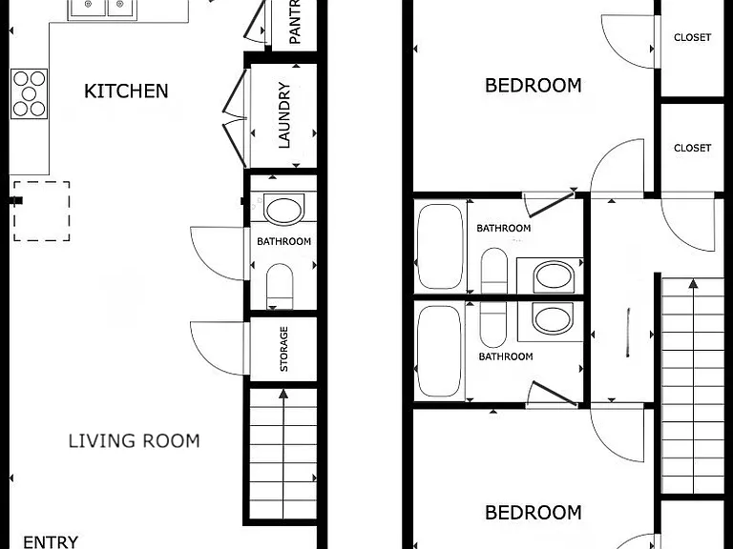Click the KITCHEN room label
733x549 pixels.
click(126, 91)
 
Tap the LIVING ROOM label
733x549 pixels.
click(135, 441)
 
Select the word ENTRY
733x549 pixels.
click(51, 542)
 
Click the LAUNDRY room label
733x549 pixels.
click(284, 115)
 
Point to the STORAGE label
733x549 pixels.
click(283, 349)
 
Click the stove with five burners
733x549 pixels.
click(29, 93)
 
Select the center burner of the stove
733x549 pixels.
click(29, 93)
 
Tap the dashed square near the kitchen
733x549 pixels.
click(42, 211)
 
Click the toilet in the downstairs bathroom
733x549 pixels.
click(280, 286)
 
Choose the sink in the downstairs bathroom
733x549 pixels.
click(283, 211)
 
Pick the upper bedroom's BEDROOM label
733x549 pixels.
click(534, 86)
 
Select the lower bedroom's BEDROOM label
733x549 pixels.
click(534, 513)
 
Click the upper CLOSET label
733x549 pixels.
click(692, 37)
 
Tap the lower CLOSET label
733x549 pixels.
click(692, 148)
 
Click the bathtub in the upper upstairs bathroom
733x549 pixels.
click(440, 247)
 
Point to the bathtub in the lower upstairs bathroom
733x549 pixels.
click(440, 351)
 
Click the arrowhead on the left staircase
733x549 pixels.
click(283, 394)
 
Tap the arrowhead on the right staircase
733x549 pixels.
click(693, 283)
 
